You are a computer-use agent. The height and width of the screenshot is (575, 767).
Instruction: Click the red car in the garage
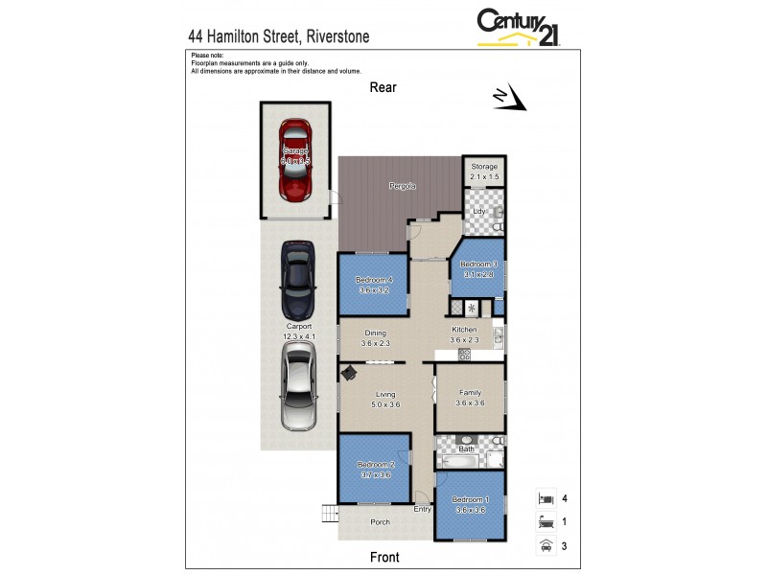point(296,158)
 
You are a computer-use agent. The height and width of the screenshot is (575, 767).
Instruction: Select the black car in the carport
point(297,280)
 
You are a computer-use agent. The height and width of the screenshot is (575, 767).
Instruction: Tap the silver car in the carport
point(297,386)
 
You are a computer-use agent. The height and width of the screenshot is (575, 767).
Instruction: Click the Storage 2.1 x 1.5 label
point(484,172)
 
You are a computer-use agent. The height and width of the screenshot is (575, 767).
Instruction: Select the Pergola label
point(402,185)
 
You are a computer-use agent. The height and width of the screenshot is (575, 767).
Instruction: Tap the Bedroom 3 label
point(478,269)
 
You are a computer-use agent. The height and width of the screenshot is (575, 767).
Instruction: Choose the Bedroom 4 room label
point(374,285)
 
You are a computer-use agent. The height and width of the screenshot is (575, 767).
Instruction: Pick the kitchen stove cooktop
point(465,354)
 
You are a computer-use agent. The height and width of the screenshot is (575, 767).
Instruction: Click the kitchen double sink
point(499,334)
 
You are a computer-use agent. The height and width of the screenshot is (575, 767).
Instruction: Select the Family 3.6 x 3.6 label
point(470,398)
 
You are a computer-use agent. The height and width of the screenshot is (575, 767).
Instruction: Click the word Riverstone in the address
point(337,36)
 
